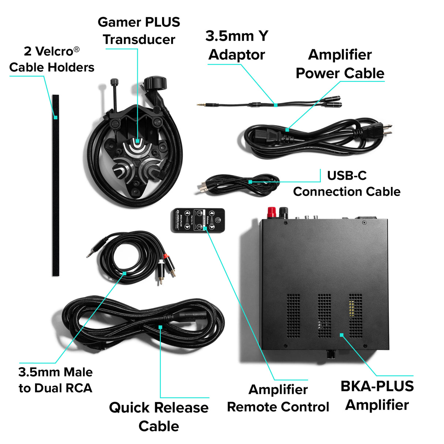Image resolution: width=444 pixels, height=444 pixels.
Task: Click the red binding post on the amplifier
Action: tap(271, 212)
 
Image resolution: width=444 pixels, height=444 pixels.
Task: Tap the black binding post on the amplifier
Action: tap(283, 212)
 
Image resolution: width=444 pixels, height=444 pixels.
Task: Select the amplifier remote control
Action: tap(198, 220)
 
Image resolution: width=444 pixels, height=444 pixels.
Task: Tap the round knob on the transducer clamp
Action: tap(155, 82)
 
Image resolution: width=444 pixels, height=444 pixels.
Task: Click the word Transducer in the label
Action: tap(139, 39)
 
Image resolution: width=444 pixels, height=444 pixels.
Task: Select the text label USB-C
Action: tap(347, 176)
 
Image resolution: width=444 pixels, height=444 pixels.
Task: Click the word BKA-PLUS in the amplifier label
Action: tap(377, 386)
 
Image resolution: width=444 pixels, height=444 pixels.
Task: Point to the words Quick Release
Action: tap(159, 407)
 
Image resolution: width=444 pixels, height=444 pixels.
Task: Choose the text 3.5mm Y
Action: tap(237, 36)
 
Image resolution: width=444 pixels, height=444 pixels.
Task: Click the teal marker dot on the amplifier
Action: tap(341, 335)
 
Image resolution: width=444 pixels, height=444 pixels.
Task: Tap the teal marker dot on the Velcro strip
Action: tap(56, 117)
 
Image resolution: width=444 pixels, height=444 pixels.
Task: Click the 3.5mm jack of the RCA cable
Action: tap(93, 251)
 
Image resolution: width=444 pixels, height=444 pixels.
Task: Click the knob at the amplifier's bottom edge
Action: tap(331, 354)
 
